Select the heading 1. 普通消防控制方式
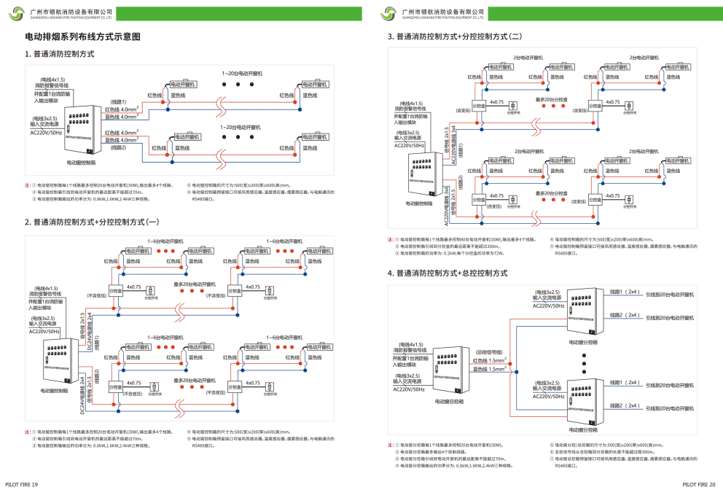tap(60, 55)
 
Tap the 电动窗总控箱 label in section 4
tap(450, 401)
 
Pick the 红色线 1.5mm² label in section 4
tap(488, 360)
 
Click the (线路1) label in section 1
tap(118, 101)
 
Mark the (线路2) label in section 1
tap(118, 148)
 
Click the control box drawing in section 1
tap(79, 131)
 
